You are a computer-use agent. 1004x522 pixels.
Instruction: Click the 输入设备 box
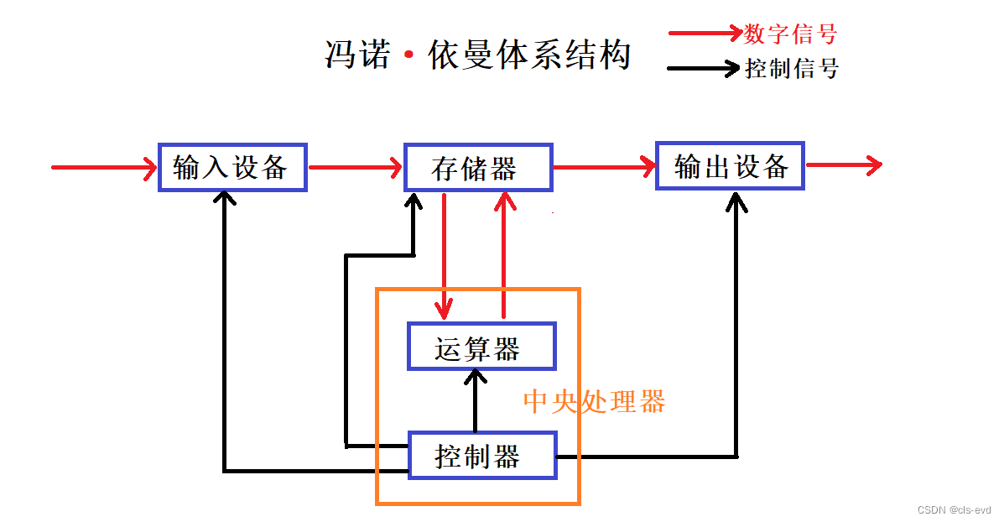pos(232,167)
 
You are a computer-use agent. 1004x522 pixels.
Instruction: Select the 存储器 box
pos(478,168)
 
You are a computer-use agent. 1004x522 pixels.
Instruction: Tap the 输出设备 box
pos(730,166)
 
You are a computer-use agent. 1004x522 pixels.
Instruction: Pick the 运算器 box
pos(481,347)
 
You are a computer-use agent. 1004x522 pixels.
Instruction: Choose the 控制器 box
pos(481,456)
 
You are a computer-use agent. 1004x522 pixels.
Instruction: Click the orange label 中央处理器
pos(594,402)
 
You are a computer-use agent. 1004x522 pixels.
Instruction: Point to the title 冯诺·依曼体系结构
pos(477,56)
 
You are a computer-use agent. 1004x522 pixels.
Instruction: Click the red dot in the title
pos(409,56)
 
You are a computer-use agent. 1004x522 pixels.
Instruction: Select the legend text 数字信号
pos(790,34)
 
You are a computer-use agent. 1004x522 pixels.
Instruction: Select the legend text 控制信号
pos(791,69)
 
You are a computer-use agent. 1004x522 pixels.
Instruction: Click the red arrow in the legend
pos(705,34)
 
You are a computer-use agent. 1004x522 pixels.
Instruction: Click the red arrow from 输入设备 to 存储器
pos(356,168)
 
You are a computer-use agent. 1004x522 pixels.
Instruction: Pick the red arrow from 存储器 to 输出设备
pos(604,166)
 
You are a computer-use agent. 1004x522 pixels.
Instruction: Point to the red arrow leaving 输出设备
pos(843,165)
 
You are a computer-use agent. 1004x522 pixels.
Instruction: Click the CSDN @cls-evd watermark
pos(954,509)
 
